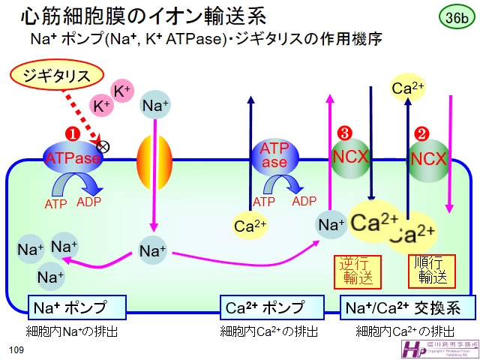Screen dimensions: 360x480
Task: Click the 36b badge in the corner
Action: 454,16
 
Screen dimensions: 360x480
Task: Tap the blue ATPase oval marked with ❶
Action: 73,158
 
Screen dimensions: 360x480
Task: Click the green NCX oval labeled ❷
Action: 428,158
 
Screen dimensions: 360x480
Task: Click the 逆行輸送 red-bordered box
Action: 356,270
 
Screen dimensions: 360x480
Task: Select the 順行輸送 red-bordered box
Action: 431,270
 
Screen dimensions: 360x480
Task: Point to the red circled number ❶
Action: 73,132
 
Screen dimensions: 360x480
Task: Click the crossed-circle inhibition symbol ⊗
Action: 103,146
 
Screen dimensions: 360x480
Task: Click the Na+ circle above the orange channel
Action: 156,106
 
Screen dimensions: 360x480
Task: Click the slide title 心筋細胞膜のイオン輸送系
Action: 142,16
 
